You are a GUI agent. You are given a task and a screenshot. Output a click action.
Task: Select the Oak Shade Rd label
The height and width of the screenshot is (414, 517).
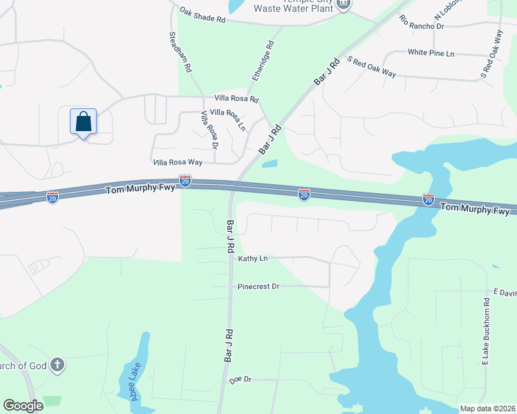point(203,16)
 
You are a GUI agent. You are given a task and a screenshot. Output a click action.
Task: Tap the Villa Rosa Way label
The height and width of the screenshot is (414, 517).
point(177,162)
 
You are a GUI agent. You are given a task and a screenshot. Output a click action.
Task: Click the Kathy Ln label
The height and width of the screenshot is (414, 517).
point(252,259)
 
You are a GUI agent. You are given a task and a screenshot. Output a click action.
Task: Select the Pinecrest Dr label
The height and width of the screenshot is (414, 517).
point(258,286)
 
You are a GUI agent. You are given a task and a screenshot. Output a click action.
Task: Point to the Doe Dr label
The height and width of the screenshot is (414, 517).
point(239,379)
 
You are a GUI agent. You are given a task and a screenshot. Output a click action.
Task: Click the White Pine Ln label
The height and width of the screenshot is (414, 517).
point(431,52)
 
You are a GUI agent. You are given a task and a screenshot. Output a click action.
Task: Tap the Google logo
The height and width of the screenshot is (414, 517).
point(23,406)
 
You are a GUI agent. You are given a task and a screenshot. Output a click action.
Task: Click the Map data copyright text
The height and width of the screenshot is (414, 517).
point(487,408)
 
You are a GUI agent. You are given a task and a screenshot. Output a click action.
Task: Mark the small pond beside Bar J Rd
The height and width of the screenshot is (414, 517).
point(270,164)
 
